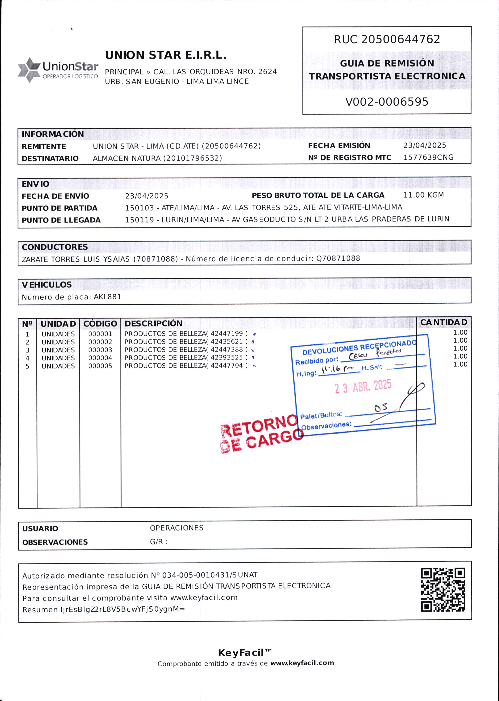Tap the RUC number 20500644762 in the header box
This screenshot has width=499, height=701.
pos(401,39)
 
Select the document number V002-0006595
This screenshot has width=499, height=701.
pos(387,102)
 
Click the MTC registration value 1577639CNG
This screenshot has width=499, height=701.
pos(428,158)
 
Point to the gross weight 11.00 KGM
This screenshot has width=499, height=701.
pos(423,195)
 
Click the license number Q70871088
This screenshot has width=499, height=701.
pos(338,258)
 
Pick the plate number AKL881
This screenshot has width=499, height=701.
pos(107,297)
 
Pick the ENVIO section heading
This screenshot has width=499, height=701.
pos(35,184)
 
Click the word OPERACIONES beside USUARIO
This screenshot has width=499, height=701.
pos(177,528)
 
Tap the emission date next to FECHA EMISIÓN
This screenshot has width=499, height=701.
pos(424,145)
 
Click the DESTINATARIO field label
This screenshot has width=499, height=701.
pos(50,158)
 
